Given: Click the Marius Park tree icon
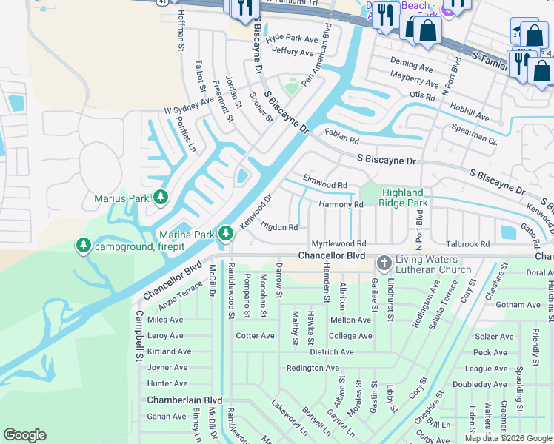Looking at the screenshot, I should pyautogui.click(x=160, y=198).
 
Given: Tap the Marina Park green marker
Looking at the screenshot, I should pyautogui.click(x=226, y=235).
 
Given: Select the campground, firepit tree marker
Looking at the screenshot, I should pyautogui.click(x=84, y=245).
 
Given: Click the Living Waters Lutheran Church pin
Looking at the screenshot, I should pyautogui.click(x=384, y=263).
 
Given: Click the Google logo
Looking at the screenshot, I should pyautogui.click(x=24, y=435).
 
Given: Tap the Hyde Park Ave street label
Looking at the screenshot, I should pyautogui.click(x=292, y=37).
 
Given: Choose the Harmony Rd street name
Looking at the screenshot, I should pyautogui.click(x=341, y=204).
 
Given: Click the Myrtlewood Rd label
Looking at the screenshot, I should pyautogui.click(x=338, y=243).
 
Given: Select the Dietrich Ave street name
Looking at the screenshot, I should pyautogui.click(x=334, y=351).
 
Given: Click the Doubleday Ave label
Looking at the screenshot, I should pyautogui.click(x=479, y=384).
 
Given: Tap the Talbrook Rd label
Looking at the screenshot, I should pyautogui.click(x=467, y=243).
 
